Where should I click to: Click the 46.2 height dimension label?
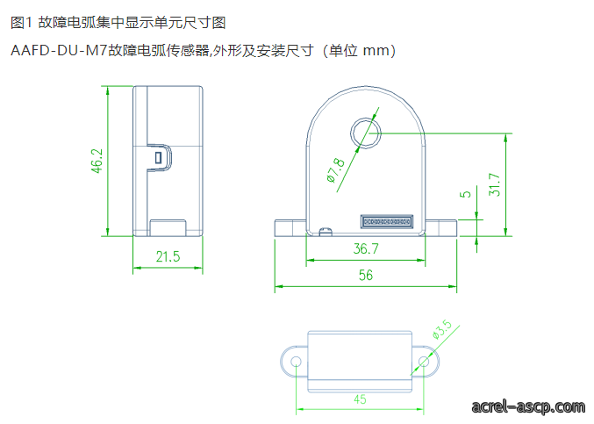[97, 161]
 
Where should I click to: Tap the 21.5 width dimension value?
[168, 256]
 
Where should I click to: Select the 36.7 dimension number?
[366, 248]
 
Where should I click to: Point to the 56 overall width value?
[366, 275]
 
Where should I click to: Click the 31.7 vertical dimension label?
[494, 184]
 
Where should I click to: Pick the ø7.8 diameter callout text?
[336, 170]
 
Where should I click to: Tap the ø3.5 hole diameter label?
[442, 329]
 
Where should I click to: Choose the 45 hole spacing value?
[360, 399]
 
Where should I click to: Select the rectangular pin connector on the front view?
[386, 221]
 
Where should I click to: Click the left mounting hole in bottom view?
[296, 362]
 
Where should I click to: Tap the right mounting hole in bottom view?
[424, 362]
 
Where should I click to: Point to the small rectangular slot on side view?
[158, 158]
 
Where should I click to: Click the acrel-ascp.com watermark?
[528, 406]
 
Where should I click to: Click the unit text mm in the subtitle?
[376, 50]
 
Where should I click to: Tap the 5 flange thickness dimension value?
[465, 194]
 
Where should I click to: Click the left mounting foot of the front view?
[290, 227]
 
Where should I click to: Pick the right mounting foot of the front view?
[440, 227]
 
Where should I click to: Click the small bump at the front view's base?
[326, 232]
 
